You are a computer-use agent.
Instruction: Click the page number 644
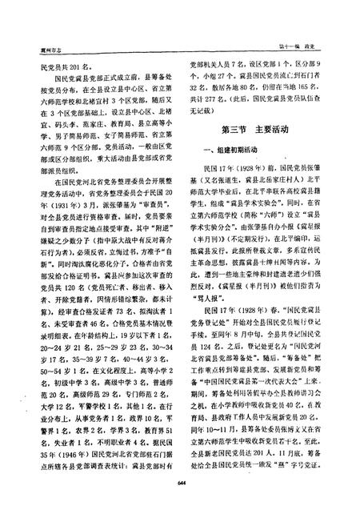pyautogui.click(x=180, y=503)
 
